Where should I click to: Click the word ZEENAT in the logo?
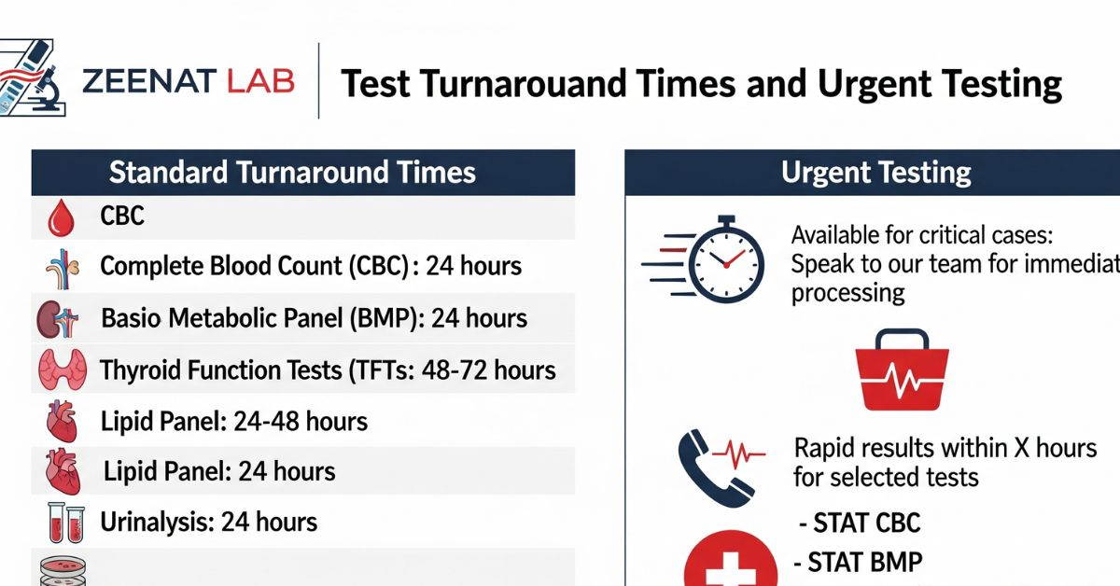pyautogui.click(x=149, y=81)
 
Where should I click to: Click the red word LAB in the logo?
pyautogui.click(x=260, y=81)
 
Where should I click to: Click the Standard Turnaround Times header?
pyautogui.click(x=292, y=173)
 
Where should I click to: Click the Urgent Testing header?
pyautogui.click(x=876, y=173)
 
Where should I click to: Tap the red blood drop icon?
pyautogui.click(x=61, y=217)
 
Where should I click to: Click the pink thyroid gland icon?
pyautogui.click(x=63, y=370)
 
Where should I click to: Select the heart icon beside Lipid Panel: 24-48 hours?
pyautogui.click(x=62, y=421)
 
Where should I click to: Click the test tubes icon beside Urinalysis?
pyautogui.click(x=66, y=523)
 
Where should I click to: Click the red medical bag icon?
pyautogui.click(x=902, y=370)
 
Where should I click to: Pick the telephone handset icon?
pyautogui.click(x=710, y=468)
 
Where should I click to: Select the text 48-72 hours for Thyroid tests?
pyautogui.click(x=488, y=370)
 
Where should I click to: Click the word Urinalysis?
pyautogui.click(x=158, y=523)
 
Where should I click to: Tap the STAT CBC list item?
pyautogui.click(x=860, y=523)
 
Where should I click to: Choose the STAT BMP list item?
pyautogui.click(x=858, y=562)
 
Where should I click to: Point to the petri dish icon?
pyautogui.click(x=63, y=571)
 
